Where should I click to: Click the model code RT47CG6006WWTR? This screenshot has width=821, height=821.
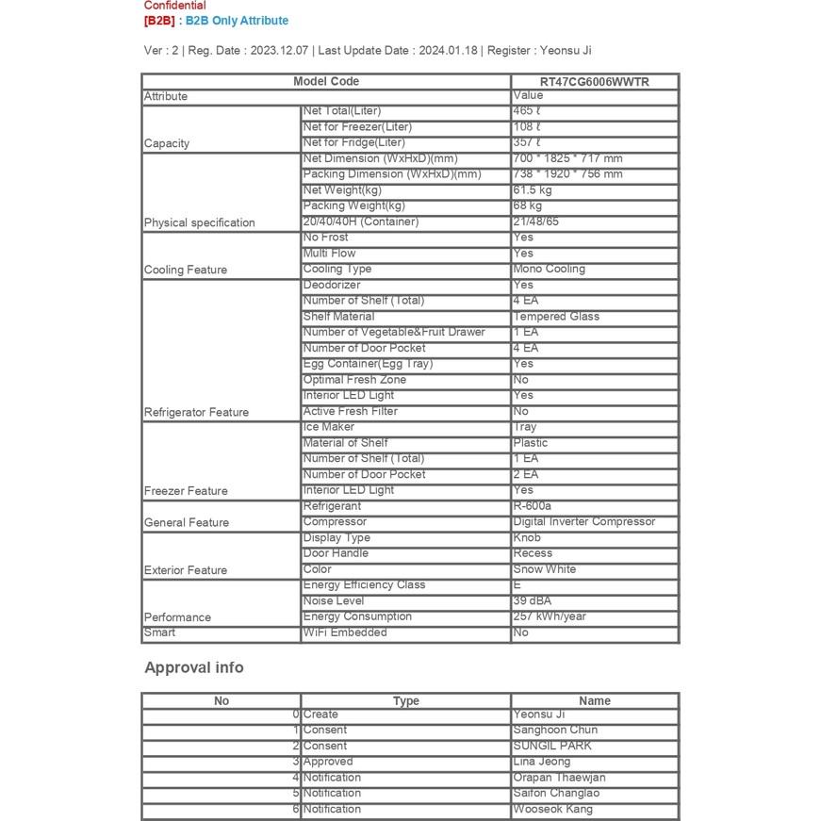tap(594, 82)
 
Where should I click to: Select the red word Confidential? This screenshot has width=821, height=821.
tap(174, 6)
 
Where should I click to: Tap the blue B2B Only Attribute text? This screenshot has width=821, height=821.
tap(237, 21)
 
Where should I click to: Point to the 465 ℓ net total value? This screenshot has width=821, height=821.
tap(527, 111)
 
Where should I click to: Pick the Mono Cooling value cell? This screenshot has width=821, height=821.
tap(549, 269)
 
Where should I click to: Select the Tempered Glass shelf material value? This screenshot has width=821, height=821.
tap(556, 317)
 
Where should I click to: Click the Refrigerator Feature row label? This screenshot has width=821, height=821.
tap(196, 412)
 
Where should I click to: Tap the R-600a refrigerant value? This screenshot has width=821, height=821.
tap(533, 506)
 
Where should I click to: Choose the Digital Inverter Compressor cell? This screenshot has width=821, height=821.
tap(583, 521)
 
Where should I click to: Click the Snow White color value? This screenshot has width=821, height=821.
tap(544, 569)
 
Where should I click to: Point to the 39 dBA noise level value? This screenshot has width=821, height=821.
tap(533, 600)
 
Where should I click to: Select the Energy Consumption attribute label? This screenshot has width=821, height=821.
tap(357, 616)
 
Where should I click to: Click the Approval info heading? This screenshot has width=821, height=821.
tap(193, 667)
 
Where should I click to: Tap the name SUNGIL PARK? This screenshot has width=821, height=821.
tap(552, 746)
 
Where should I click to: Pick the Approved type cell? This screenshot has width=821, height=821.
tap(328, 762)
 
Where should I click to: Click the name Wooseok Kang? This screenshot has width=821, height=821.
tap(552, 809)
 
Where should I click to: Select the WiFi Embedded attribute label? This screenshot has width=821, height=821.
tap(345, 632)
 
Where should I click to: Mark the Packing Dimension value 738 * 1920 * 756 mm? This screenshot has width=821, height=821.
tap(567, 174)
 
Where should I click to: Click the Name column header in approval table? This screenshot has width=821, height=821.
tap(594, 701)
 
